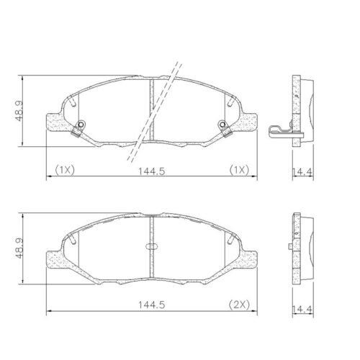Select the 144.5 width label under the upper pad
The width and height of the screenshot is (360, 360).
tap(148, 171)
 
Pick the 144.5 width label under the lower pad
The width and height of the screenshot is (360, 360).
tap(148, 305)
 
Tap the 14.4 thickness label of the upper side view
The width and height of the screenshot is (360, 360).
tap(302, 171)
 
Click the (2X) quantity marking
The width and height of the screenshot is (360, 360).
tap(239, 305)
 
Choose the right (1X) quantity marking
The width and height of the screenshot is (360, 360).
tap(239, 171)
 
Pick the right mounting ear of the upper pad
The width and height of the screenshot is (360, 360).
tap(248, 122)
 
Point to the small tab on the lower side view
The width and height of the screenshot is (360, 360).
tap(288, 249)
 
